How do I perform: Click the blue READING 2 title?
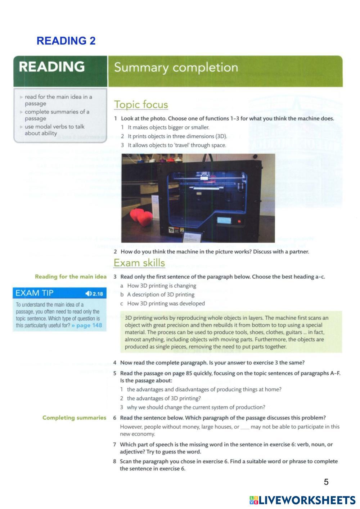click(66, 41)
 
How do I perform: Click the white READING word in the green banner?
click(52, 67)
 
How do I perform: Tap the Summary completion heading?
click(176, 68)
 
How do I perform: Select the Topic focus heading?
click(141, 105)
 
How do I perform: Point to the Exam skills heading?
click(139, 263)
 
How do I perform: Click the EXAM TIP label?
click(35, 293)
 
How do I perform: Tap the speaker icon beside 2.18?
click(89, 294)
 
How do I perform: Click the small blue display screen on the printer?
click(224, 220)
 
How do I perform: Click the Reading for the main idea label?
click(71, 277)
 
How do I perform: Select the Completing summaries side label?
click(74, 418)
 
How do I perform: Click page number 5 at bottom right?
click(326, 482)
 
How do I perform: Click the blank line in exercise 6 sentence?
click(245, 428)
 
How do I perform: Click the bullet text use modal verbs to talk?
click(54, 127)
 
